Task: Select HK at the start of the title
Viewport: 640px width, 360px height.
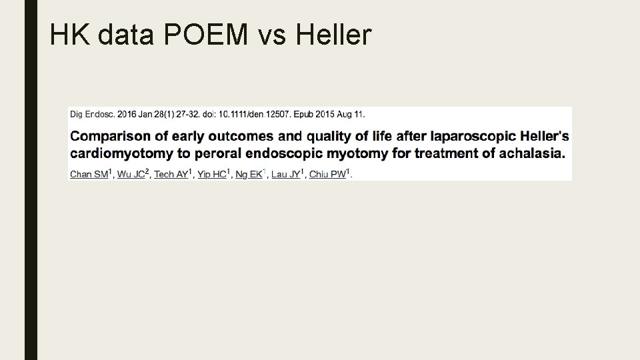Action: pyautogui.click(x=70, y=35)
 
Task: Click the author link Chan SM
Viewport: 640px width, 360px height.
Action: pyautogui.click(x=89, y=175)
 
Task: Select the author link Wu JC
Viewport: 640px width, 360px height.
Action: pyautogui.click(x=130, y=175)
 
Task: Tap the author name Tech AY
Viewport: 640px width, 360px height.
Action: pyautogui.click(x=171, y=175)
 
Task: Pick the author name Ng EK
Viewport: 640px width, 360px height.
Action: pyautogui.click(x=249, y=175)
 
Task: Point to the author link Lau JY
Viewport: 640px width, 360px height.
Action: pyautogui.click(x=285, y=175)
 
